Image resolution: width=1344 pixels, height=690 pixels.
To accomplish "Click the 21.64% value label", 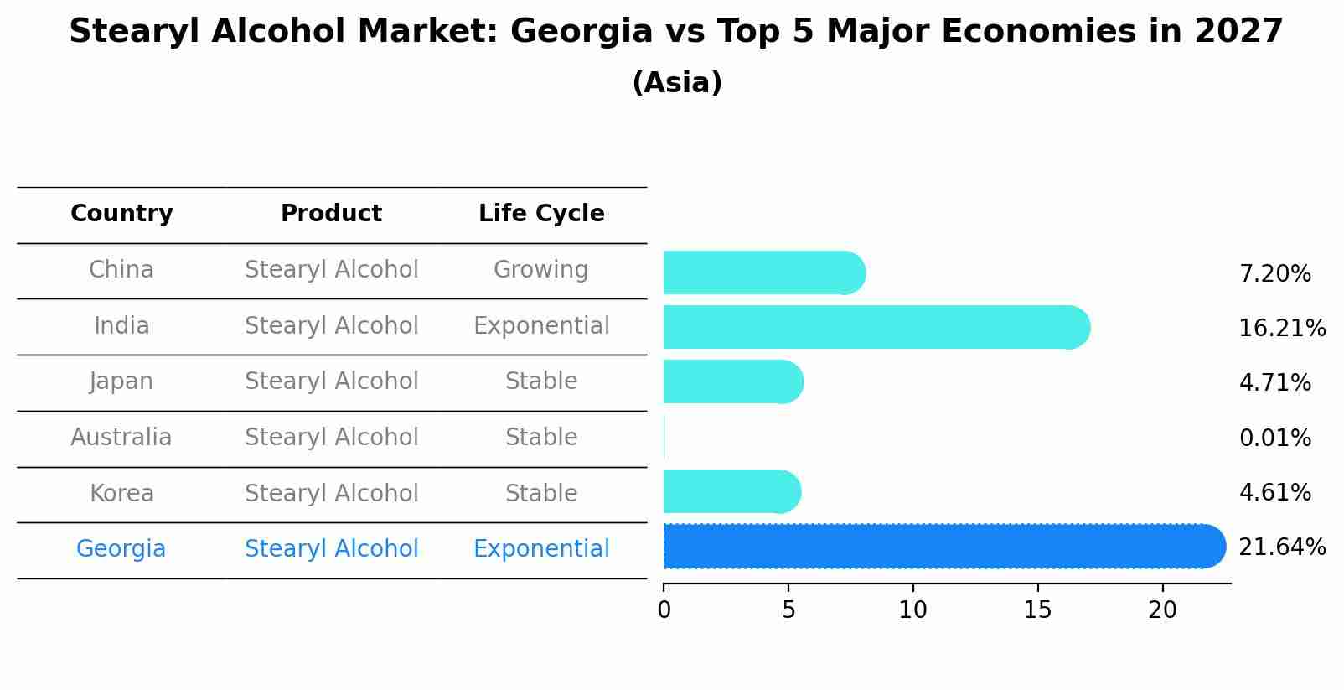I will (x=1281, y=547).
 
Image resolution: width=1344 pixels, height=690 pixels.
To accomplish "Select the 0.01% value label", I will (x=1274, y=438).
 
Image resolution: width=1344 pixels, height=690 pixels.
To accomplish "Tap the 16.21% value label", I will (x=1281, y=328).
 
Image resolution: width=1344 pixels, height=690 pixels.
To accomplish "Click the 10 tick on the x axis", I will (x=912, y=610).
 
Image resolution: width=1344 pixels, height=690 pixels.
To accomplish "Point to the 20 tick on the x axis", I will (x=1162, y=610).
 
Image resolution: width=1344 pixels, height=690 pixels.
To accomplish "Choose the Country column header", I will (x=121, y=214).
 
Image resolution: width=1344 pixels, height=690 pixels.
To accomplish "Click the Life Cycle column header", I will (x=541, y=214).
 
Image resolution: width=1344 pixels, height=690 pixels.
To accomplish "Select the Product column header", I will (x=331, y=214).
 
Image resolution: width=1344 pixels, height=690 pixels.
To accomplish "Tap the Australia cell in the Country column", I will (x=121, y=438).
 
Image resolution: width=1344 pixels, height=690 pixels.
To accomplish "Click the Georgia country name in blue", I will (x=121, y=549).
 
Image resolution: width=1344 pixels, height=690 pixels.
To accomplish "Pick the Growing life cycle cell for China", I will (x=541, y=270).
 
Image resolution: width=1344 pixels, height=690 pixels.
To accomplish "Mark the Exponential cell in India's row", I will (x=541, y=326).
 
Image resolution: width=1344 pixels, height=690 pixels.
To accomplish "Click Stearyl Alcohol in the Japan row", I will (x=331, y=381).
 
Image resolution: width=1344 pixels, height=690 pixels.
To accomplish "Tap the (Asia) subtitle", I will (x=676, y=83).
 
